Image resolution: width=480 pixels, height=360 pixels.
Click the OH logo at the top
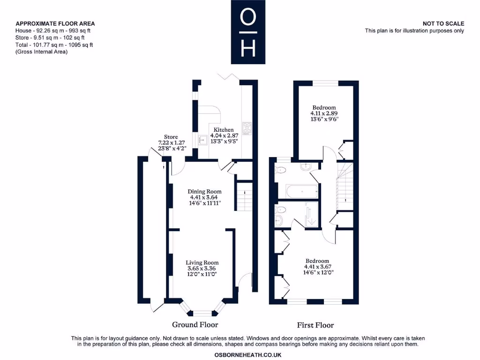click(x=248, y=32)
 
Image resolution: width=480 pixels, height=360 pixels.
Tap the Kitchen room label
click(x=224, y=130)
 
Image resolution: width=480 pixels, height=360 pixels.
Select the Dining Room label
click(x=204, y=192)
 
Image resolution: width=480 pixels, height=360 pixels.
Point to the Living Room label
click(x=202, y=262)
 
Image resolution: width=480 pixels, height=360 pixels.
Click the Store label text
click(x=171, y=137)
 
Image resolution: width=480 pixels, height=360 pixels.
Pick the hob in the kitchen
click(x=247, y=128)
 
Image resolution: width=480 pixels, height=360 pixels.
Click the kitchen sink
click(x=202, y=140)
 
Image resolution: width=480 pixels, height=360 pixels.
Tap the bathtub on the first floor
click(x=302, y=191)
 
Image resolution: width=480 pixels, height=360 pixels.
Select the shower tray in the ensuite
click(x=312, y=214)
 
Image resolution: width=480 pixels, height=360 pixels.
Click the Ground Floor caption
click(x=195, y=324)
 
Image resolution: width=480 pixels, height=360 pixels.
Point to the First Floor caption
click(x=315, y=325)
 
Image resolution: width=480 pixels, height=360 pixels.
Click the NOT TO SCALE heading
click(x=443, y=23)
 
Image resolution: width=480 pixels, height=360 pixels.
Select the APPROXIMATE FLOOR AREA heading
click(x=55, y=23)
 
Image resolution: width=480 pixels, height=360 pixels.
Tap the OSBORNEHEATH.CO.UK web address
click(x=247, y=355)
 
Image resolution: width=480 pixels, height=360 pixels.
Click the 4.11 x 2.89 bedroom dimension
click(x=324, y=113)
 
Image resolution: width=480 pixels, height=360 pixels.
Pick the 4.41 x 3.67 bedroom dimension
click(x=317, y=267)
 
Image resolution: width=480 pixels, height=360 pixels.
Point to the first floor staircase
click(x=345, y=187)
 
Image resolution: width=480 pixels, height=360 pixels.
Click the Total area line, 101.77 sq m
click(x=54, y=45)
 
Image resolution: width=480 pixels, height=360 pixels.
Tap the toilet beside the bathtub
click(x=280, y=170)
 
